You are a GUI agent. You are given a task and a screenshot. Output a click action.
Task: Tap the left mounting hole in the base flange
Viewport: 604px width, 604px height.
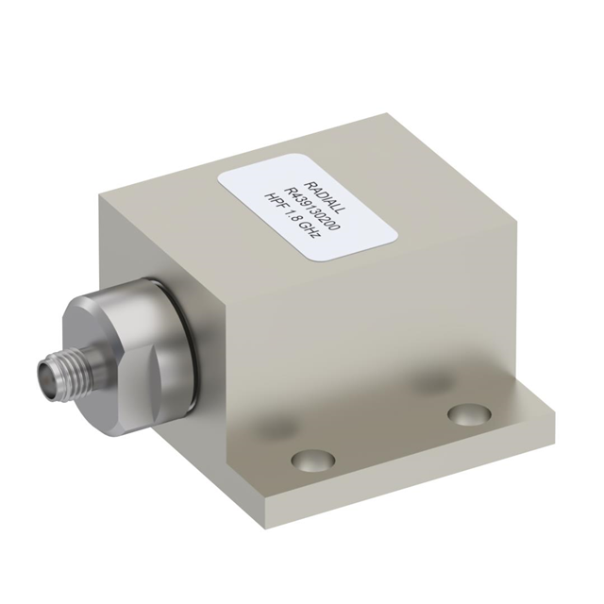tap(313, 460)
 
